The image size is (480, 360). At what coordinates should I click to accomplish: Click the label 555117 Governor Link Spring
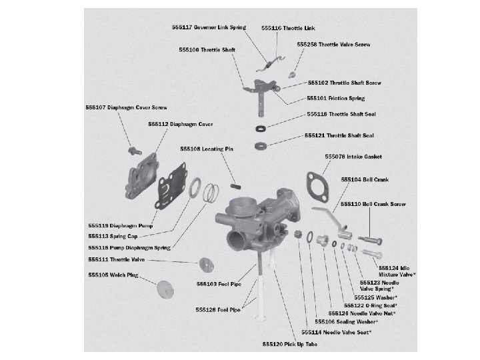point(208,27)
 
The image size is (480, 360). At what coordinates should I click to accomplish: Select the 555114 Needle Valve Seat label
point(337,331)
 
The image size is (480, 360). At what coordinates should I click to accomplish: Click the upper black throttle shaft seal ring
point(261,128)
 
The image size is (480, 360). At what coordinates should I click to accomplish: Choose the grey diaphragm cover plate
point(141,181)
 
